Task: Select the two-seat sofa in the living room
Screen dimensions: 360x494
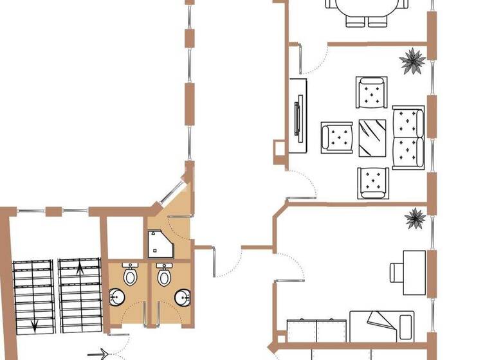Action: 408,136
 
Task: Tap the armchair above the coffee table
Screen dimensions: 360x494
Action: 371,93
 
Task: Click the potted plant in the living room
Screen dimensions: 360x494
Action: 412,62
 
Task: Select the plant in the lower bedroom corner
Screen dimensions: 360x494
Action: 415,219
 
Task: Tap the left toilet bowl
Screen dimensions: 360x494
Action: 131,276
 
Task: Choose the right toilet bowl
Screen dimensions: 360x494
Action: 164,276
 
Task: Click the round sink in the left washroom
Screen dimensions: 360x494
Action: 118,298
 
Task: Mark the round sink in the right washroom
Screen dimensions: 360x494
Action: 183,297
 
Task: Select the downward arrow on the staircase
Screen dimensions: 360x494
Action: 35,321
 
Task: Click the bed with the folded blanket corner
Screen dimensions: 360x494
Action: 381,325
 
